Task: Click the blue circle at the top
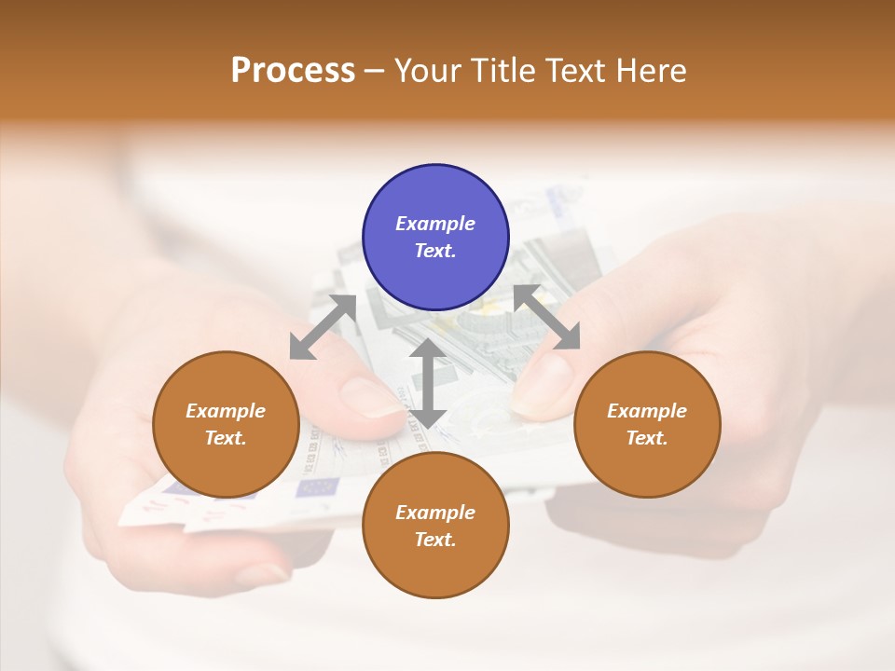pos(435,237)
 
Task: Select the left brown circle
pos(226,424)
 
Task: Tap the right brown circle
pos(647,424)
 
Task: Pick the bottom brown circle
pos(435,526)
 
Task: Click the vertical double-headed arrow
pos(427,384)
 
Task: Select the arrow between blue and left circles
pos(323,327)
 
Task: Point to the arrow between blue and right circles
pos(547,318)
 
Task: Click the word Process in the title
pos(293,71)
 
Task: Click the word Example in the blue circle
pos(435,224)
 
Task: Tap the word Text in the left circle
pos(226,438)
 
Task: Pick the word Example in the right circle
pos(647,411)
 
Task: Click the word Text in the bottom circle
pos(434,540)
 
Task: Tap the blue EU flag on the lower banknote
pos(317,486)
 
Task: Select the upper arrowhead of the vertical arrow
pos(427,349)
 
